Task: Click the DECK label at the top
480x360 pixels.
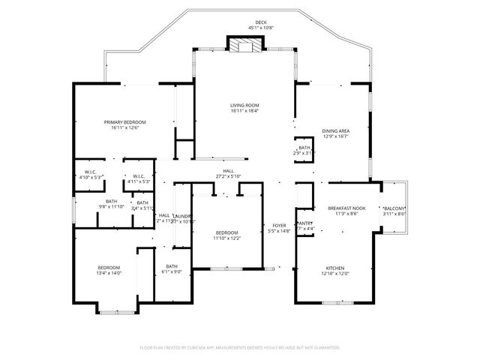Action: point(261,23)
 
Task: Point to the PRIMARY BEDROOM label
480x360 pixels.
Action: point(124,122)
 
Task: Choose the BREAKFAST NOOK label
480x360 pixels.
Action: point(346,208)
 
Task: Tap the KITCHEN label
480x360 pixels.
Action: point(334,268)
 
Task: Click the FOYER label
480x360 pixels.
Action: point(279,226)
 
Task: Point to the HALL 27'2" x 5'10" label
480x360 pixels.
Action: point(228,171)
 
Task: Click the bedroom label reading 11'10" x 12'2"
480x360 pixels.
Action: point(226,232)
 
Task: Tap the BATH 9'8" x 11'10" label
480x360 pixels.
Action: point(111,201)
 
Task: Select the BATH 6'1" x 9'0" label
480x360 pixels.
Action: point(172,266)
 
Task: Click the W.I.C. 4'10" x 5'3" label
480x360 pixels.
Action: point(90,172)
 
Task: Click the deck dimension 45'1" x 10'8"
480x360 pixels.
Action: point(261,28)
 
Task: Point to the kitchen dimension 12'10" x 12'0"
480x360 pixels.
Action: point(334,273)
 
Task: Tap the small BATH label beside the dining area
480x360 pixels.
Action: point(304,148)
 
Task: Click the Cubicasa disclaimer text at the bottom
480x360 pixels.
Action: point(240,347)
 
